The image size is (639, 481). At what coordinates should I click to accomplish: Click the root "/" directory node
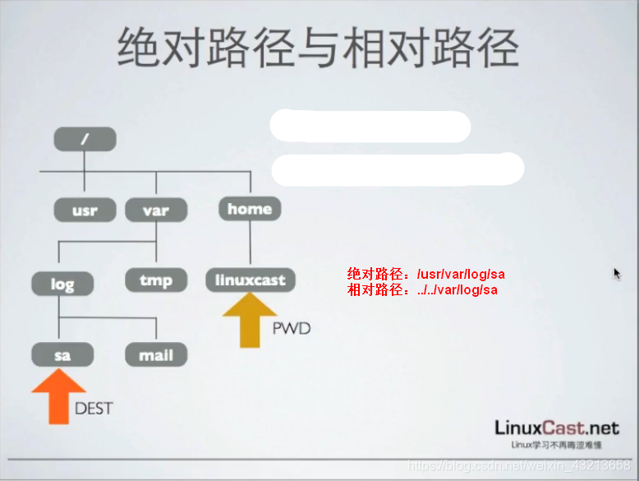coord(85,139)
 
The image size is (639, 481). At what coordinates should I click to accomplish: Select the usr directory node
coord(85,210)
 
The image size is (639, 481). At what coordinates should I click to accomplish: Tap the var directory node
coord(156,210)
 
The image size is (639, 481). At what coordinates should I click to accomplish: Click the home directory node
coord(250,209)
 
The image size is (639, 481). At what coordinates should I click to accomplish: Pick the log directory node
coord(62,284)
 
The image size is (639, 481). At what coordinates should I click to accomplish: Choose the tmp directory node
coord(156,281)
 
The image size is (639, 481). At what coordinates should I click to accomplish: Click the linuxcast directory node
coord(250,280)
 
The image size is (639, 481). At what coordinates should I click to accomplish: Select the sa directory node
coord(62,355)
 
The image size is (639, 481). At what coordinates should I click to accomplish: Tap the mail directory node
coord(156,355)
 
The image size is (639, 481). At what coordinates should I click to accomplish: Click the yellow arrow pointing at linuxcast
coord(251,320)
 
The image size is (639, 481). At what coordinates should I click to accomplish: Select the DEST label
coord(93,409)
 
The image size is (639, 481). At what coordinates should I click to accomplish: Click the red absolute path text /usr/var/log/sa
coord(425,275)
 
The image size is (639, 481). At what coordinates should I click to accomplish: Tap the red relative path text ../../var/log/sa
coord(422,289)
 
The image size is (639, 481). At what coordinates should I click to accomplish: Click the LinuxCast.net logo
coord(556,428)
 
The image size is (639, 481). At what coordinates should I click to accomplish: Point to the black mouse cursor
coord(617,273)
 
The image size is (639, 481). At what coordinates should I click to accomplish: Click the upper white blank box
coord(370,127)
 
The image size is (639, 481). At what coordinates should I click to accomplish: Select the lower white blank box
coord(397,169)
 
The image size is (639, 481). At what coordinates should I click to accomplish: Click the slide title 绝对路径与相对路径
coord(319,47)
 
